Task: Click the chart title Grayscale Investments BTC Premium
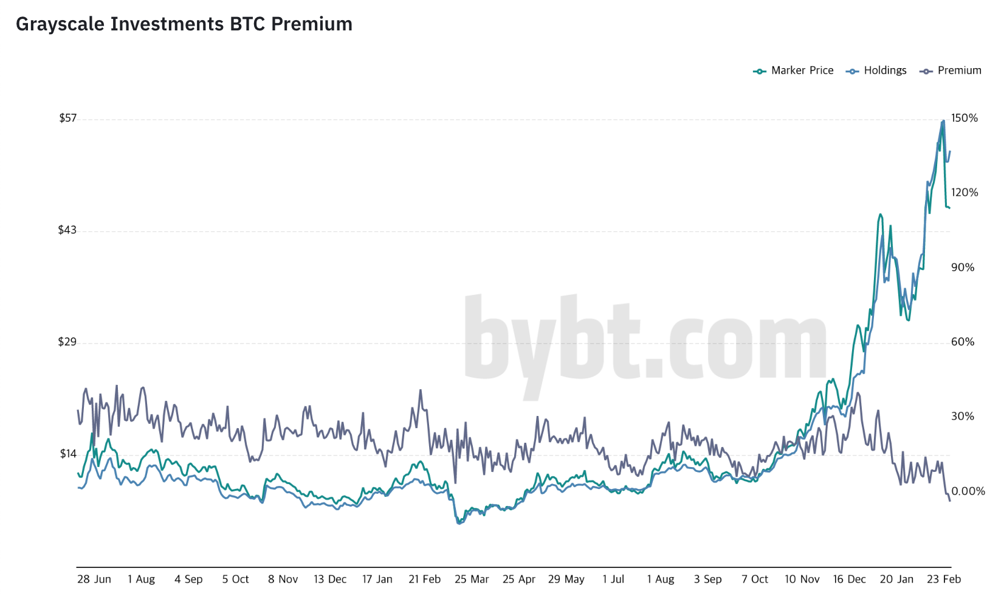point(184,24)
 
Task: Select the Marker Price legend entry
point(794,71)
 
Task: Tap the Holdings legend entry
point(876,71)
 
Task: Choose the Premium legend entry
point(951,71)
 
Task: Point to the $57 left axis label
point(67,118)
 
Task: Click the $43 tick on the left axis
point(67,230)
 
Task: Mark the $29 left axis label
point(67,342)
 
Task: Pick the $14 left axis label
point(68,454)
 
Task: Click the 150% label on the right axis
point(964,118)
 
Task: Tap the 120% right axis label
point(964,193)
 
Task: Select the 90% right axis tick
point(963,268)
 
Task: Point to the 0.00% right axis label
point(968,491)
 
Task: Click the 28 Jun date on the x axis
point(94,579)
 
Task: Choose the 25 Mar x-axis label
point(472,579)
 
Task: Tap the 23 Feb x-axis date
point(944,579)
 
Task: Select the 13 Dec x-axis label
point(330,579)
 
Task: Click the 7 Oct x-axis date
point(755,579)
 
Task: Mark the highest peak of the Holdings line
point(943,121)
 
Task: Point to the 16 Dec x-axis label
point(849,579)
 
